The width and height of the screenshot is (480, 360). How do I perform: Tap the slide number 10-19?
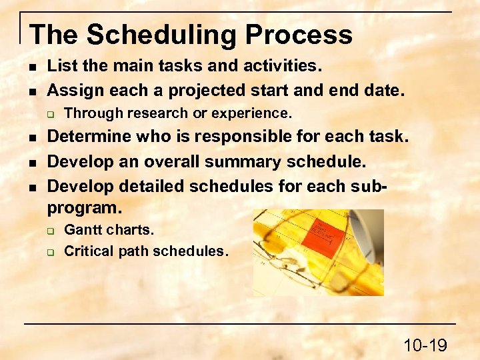coord(425,345)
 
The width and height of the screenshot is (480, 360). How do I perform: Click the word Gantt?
coord(81,230)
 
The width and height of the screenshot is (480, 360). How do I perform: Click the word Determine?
coord(89,137)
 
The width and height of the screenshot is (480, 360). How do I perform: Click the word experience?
coord(251,113)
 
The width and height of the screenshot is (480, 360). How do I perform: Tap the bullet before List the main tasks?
coord(31,67)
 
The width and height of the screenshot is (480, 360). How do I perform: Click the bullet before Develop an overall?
coord(31,162)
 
